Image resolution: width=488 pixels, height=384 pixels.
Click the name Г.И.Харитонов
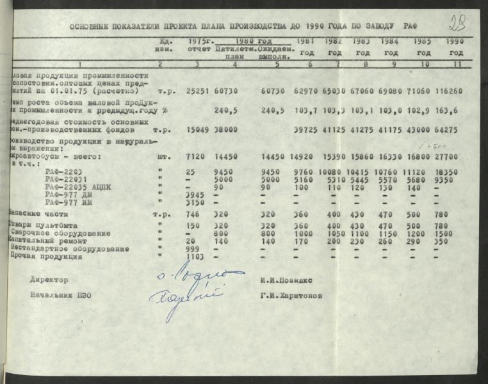pos(291,296)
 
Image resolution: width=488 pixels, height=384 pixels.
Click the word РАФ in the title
pos(411,27)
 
